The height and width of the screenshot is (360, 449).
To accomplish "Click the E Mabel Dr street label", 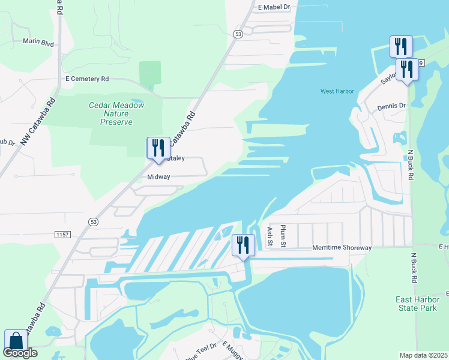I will [274, 7].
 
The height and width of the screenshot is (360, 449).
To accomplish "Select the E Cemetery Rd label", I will [87, 79].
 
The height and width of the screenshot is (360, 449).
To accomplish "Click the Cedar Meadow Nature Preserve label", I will [116, 113].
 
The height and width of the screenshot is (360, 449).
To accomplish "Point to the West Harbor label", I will [337, 91].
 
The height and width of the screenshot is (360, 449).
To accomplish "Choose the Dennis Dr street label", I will [391, 106].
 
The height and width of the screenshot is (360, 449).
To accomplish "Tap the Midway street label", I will [159, 177].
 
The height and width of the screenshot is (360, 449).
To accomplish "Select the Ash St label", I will [270, 236].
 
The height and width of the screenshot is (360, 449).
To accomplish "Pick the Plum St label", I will [284, 235].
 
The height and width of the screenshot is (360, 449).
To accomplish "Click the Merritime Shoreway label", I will [342, 248].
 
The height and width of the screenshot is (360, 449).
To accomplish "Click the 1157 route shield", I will [61, 233].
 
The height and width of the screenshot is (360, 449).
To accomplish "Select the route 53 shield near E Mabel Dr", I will [238, 35].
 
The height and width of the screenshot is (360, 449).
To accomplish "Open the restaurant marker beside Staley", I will [158, 148].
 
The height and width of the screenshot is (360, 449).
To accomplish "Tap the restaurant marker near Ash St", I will [243, 245].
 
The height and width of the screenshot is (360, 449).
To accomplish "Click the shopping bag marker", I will [16, 340].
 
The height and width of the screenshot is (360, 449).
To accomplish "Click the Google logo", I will [20, 353].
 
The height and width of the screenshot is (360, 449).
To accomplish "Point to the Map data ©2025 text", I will [423, 355].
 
